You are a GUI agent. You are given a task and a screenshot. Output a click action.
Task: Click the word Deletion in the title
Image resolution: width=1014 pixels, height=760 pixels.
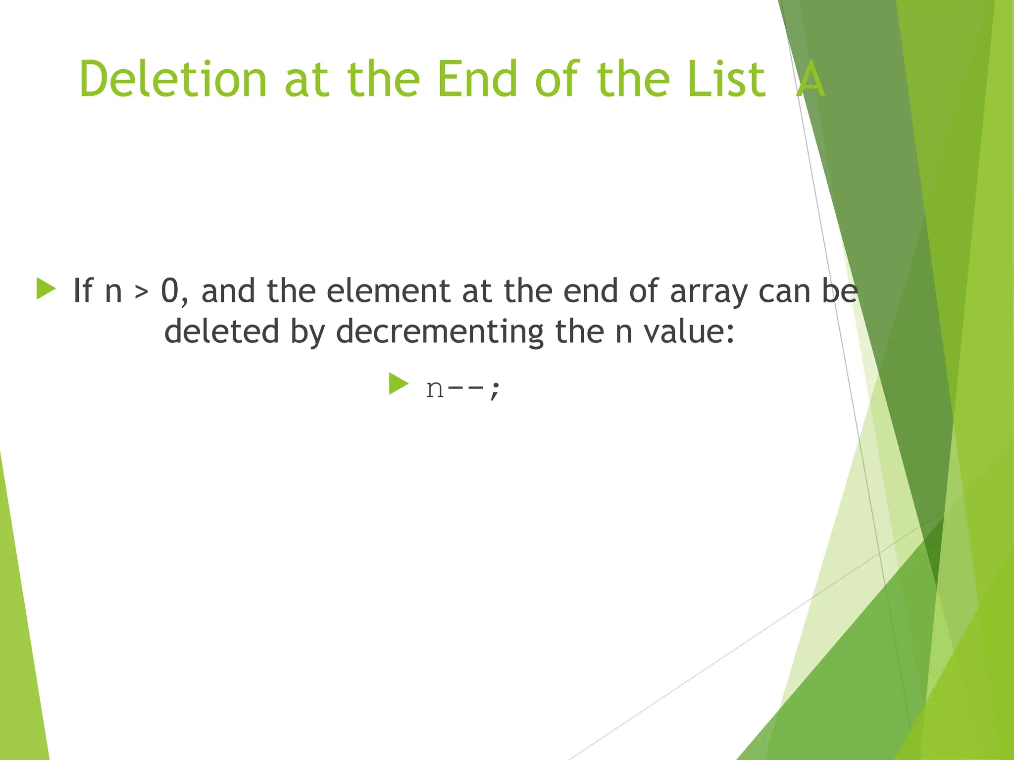click(173, 79)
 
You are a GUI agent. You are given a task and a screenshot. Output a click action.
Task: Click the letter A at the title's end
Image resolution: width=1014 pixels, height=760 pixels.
click(811, 79)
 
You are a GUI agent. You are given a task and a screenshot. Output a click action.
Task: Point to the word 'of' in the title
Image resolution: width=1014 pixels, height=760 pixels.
click(557, 79)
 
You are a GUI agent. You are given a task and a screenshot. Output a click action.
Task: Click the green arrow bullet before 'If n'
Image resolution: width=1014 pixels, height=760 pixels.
click(46, 289)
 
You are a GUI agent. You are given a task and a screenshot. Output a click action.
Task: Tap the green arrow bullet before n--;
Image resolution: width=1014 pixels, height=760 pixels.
click(399, 384)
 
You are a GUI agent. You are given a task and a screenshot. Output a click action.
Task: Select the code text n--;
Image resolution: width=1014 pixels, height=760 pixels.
click(463, 388)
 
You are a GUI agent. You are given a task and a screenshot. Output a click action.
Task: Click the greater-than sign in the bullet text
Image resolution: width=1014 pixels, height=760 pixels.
click(142, 292)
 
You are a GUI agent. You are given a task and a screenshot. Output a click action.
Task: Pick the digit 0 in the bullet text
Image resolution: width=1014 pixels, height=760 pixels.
click(170, 290)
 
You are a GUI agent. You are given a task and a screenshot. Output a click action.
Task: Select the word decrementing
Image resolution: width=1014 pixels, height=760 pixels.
click(440, 332)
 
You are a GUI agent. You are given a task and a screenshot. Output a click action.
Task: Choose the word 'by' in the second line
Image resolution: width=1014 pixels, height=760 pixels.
click(307, 332)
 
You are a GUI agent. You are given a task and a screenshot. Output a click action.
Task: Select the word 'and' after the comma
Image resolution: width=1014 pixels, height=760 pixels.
click(228, 290)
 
